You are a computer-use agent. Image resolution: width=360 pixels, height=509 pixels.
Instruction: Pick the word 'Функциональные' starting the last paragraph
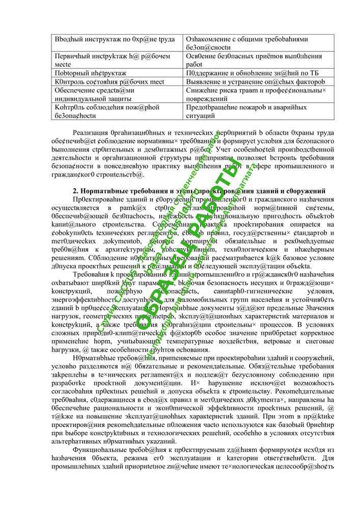[99, 451]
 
